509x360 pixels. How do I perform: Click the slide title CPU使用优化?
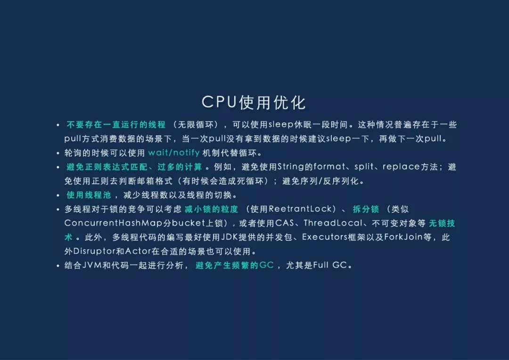(254, 102)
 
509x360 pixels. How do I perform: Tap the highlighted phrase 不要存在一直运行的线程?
(116, 125)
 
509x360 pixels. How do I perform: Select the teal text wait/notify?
(173, 153)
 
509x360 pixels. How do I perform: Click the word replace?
(401, 167)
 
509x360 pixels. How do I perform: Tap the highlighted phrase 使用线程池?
(89, 195)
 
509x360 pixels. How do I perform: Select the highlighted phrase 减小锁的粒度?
(212, 209)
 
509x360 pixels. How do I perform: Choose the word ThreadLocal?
(333, 223)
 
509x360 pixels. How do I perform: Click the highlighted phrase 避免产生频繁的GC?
(235, 265)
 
